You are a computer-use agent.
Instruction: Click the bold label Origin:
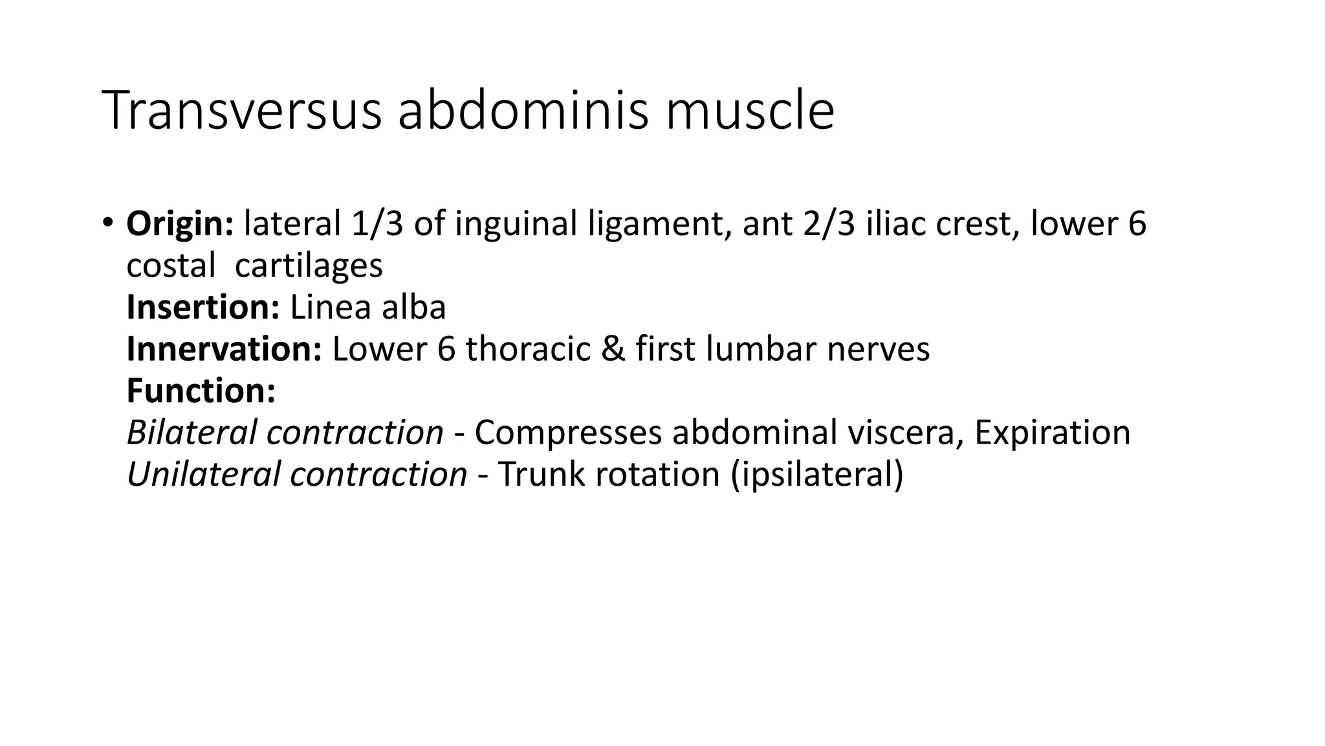point(180,224)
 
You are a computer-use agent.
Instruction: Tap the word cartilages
point(309,266)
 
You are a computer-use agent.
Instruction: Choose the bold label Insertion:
point(203,308)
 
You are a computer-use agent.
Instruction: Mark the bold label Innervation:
point(224,349)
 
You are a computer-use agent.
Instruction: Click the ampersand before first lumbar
point(612,349)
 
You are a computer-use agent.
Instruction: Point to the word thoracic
point(528,349)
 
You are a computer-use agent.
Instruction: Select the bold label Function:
point(201,390)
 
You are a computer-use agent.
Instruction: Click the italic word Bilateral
point(192,433)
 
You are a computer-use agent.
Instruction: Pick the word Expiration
point(1052,433)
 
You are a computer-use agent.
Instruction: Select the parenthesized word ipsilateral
point(816,474)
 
